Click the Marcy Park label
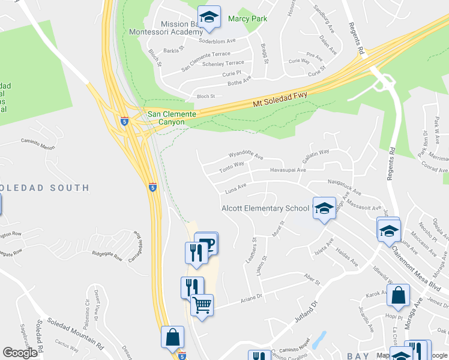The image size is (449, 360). tap(247, 19)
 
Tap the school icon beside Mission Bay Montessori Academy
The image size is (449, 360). tap(209, 17)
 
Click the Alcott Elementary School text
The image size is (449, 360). tap(265, 209)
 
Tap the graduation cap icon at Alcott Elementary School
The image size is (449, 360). tap(324, 208)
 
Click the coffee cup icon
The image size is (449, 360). tap(206, 243)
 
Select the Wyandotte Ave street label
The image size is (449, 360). tap(243, 156)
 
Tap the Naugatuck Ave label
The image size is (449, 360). tap(345, 187)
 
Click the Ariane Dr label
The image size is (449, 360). tap(252, 296)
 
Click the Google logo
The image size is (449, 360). tap(20, 353)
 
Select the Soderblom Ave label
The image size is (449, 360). tap(218, 41)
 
